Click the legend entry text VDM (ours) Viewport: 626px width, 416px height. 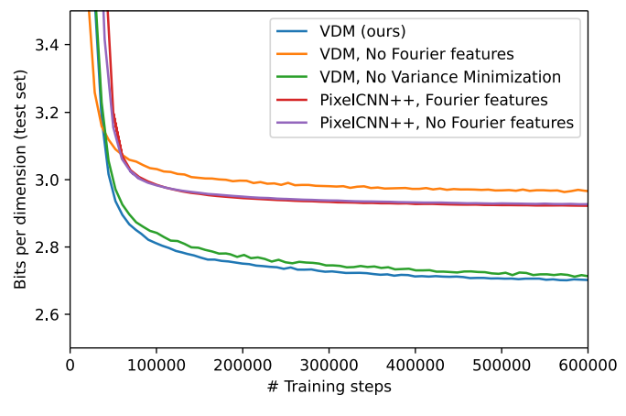(x=362, y=31)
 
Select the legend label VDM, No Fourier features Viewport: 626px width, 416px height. (x=416, y=54)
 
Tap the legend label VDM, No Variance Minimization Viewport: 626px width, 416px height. (x=440, y=77)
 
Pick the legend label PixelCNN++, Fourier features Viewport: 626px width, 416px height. (x=434, y=100)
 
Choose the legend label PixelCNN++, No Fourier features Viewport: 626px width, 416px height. (x=447, y=123)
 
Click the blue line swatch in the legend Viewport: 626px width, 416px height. (x=292, y=31)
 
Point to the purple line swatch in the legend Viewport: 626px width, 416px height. (x=292, y=123)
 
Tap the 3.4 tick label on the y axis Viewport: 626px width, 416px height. (x=47, y=45)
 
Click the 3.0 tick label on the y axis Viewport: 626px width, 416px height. (x=47, y=180)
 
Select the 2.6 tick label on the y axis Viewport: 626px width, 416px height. (x=47, y=315)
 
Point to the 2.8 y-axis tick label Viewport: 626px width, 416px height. (x=47, y=247)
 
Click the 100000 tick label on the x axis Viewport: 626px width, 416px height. (x=156, y=365)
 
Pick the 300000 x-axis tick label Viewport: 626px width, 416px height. (x=329, y=365)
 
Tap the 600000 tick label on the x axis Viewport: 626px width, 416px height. (x=588, y=365)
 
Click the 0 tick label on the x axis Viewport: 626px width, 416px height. (x=70, y=365)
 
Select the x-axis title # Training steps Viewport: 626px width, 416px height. (x=329, y=387)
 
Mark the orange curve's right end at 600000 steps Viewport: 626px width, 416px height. (x=588, y=191)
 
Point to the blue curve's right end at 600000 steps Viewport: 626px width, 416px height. (x=588, y=280)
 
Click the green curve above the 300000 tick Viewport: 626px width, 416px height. (x=329, y=266)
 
